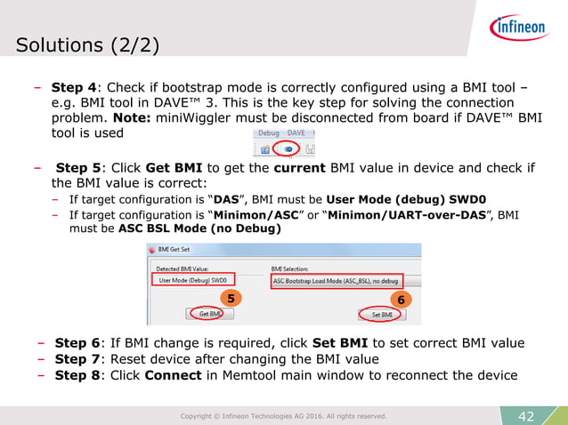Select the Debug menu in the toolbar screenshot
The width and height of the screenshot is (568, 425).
(x=268, y=132)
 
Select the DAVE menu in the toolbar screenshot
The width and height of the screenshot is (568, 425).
(x=296, y=132)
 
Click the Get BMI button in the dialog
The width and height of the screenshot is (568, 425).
(x=210, y=313)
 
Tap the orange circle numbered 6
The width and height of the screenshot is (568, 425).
(x=402, y=301)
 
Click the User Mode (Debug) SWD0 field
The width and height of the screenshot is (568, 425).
(x=193, y=280)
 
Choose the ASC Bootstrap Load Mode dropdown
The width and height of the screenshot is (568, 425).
(x=336, y=280)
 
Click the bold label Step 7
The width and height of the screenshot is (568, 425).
(x=76, y=359)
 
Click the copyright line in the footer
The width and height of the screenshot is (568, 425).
(x=283, y=415)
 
